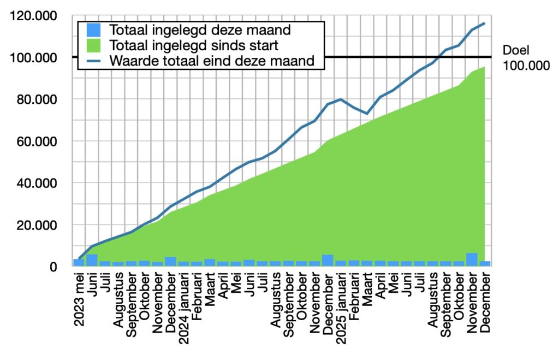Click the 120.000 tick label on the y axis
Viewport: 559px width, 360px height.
34,16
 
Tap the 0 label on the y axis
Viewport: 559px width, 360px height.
53,267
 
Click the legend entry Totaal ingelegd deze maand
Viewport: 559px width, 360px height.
199,29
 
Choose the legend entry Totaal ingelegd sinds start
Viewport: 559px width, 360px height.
194,44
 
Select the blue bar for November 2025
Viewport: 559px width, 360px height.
472,259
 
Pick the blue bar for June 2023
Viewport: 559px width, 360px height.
92,261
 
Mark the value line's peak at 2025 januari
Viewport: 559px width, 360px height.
341,99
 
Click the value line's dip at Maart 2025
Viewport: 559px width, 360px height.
367,114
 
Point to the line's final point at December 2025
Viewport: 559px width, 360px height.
484,23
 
